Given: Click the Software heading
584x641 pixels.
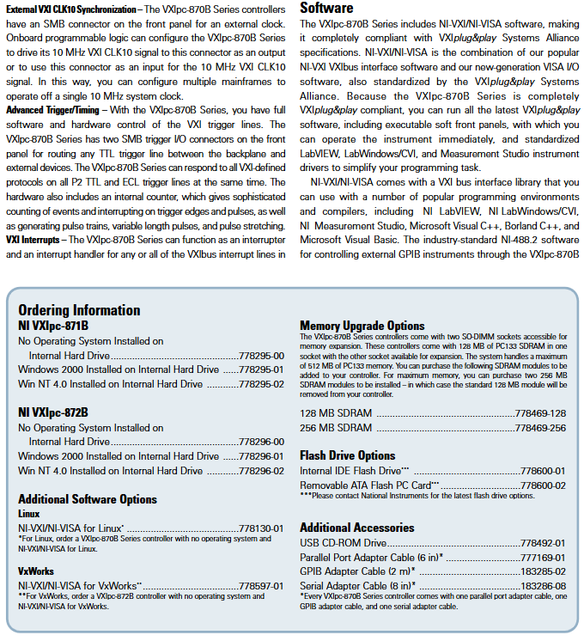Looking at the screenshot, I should coord(326,8).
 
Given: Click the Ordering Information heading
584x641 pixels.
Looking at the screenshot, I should coord(79,310).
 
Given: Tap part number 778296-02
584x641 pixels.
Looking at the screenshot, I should coord(261,470).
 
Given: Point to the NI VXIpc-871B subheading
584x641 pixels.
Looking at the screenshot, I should coord(53,326).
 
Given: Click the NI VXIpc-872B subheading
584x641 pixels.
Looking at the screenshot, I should coord(53,412).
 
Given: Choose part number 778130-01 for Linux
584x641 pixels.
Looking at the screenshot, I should coord(261,528).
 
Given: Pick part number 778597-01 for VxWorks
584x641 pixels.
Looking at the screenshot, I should coord(261,585).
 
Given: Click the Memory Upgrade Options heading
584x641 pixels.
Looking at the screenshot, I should coord(362,326).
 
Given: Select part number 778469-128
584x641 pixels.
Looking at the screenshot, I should coord(540,413).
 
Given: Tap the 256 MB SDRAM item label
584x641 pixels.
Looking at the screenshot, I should coord(336,428).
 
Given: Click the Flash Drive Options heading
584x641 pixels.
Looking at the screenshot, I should coord(348,455).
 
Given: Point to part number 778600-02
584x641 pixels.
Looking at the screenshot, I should coord(543,485).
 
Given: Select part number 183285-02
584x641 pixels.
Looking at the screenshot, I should coord(543,571).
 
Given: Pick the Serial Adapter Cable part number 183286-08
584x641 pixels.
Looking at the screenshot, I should coord(543,586).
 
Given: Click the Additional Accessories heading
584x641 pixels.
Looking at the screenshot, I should coord(357,528).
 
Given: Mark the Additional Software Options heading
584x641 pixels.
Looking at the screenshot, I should coord(88,499).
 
